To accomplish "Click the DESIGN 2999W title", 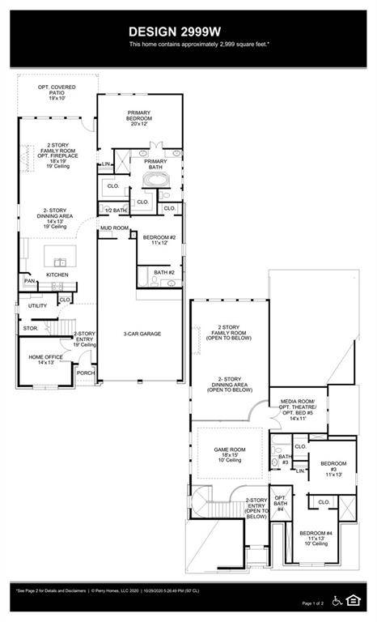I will (188, 31).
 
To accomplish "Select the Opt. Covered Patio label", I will (56, 92).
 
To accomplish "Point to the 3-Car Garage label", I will (139, 334).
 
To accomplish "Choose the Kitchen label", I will (57, 275).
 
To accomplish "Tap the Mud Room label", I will (114, 228).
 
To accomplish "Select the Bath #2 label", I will (164, 273).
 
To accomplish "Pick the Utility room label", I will (37, 306).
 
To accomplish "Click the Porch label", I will (86, 373).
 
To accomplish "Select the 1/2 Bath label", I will (116, 211).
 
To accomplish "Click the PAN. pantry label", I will (29, 281).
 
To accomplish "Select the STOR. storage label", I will (31, 329).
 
